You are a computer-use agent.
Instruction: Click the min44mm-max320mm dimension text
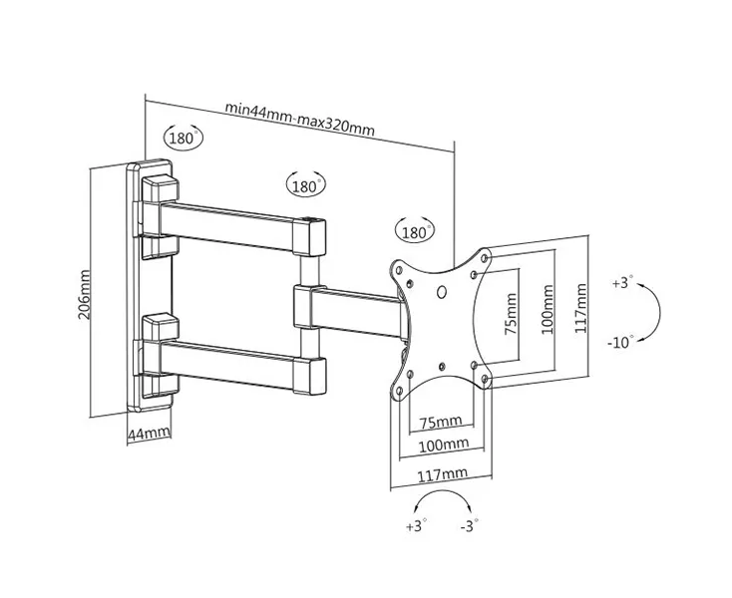click(299, 107)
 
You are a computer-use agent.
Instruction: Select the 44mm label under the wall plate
click(150, 433)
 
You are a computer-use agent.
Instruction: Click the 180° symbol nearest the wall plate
click(183, 139)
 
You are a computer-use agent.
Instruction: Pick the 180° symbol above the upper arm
click(305, 185)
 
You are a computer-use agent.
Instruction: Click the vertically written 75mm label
click(512, 315)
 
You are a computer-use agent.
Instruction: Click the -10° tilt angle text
click(620, 342)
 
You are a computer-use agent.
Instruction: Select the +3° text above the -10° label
click(622, 284)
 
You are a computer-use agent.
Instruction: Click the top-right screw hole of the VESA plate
click(485, 259)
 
